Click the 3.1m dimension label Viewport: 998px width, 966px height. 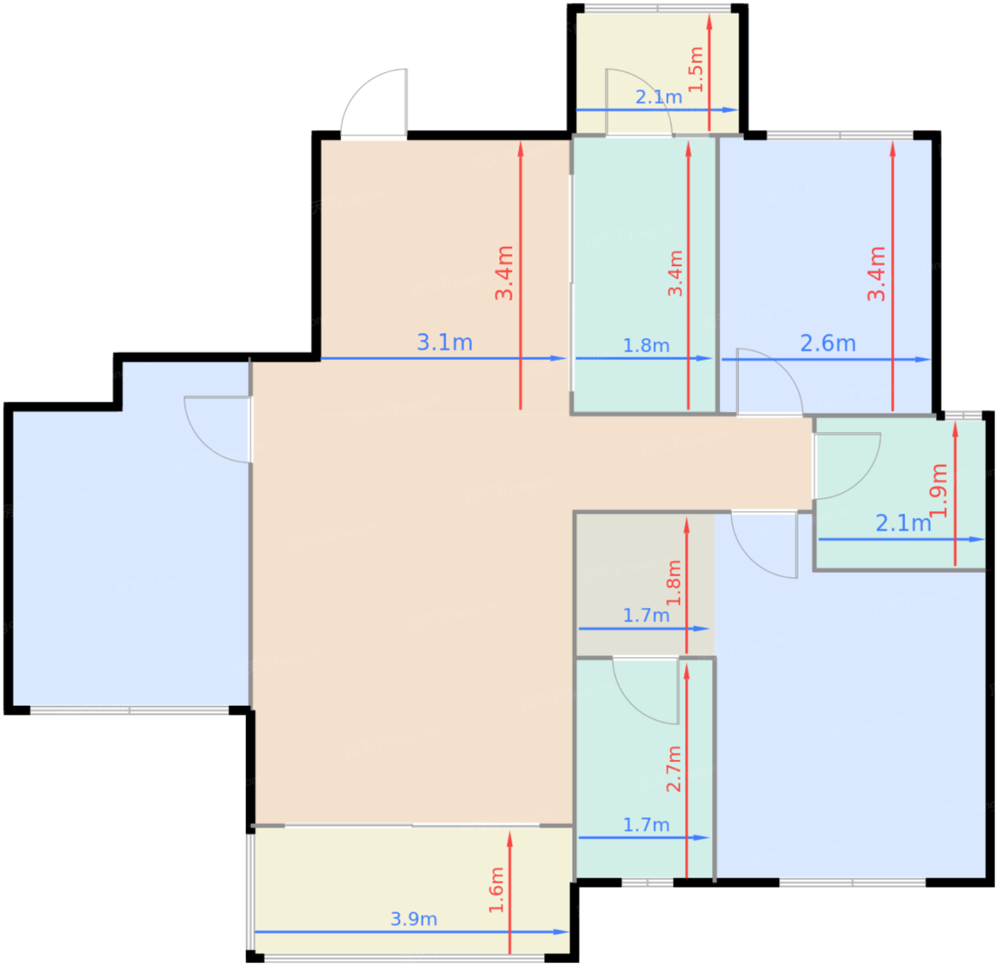point(445,343)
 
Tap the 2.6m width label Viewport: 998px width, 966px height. point(828,344)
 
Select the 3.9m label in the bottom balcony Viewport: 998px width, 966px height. point(413,919)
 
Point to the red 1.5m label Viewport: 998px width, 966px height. point(696,69)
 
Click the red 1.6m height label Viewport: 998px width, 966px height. point(496,890)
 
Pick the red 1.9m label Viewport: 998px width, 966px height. point(939,490)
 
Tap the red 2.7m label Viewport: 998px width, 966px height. point(674,769)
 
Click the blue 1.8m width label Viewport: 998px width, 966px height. point(646,346)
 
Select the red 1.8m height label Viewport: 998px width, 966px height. point(674,582)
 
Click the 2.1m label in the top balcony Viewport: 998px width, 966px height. point(659,97)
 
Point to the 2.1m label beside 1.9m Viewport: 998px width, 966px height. point(903,523)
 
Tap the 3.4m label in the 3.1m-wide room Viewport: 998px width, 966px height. point(505,273)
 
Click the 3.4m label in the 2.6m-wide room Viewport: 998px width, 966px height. point(877,274)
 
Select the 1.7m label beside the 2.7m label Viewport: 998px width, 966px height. point(646,825)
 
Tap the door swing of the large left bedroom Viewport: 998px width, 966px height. point(214,428)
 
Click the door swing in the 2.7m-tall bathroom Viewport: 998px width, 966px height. point(645,690)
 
